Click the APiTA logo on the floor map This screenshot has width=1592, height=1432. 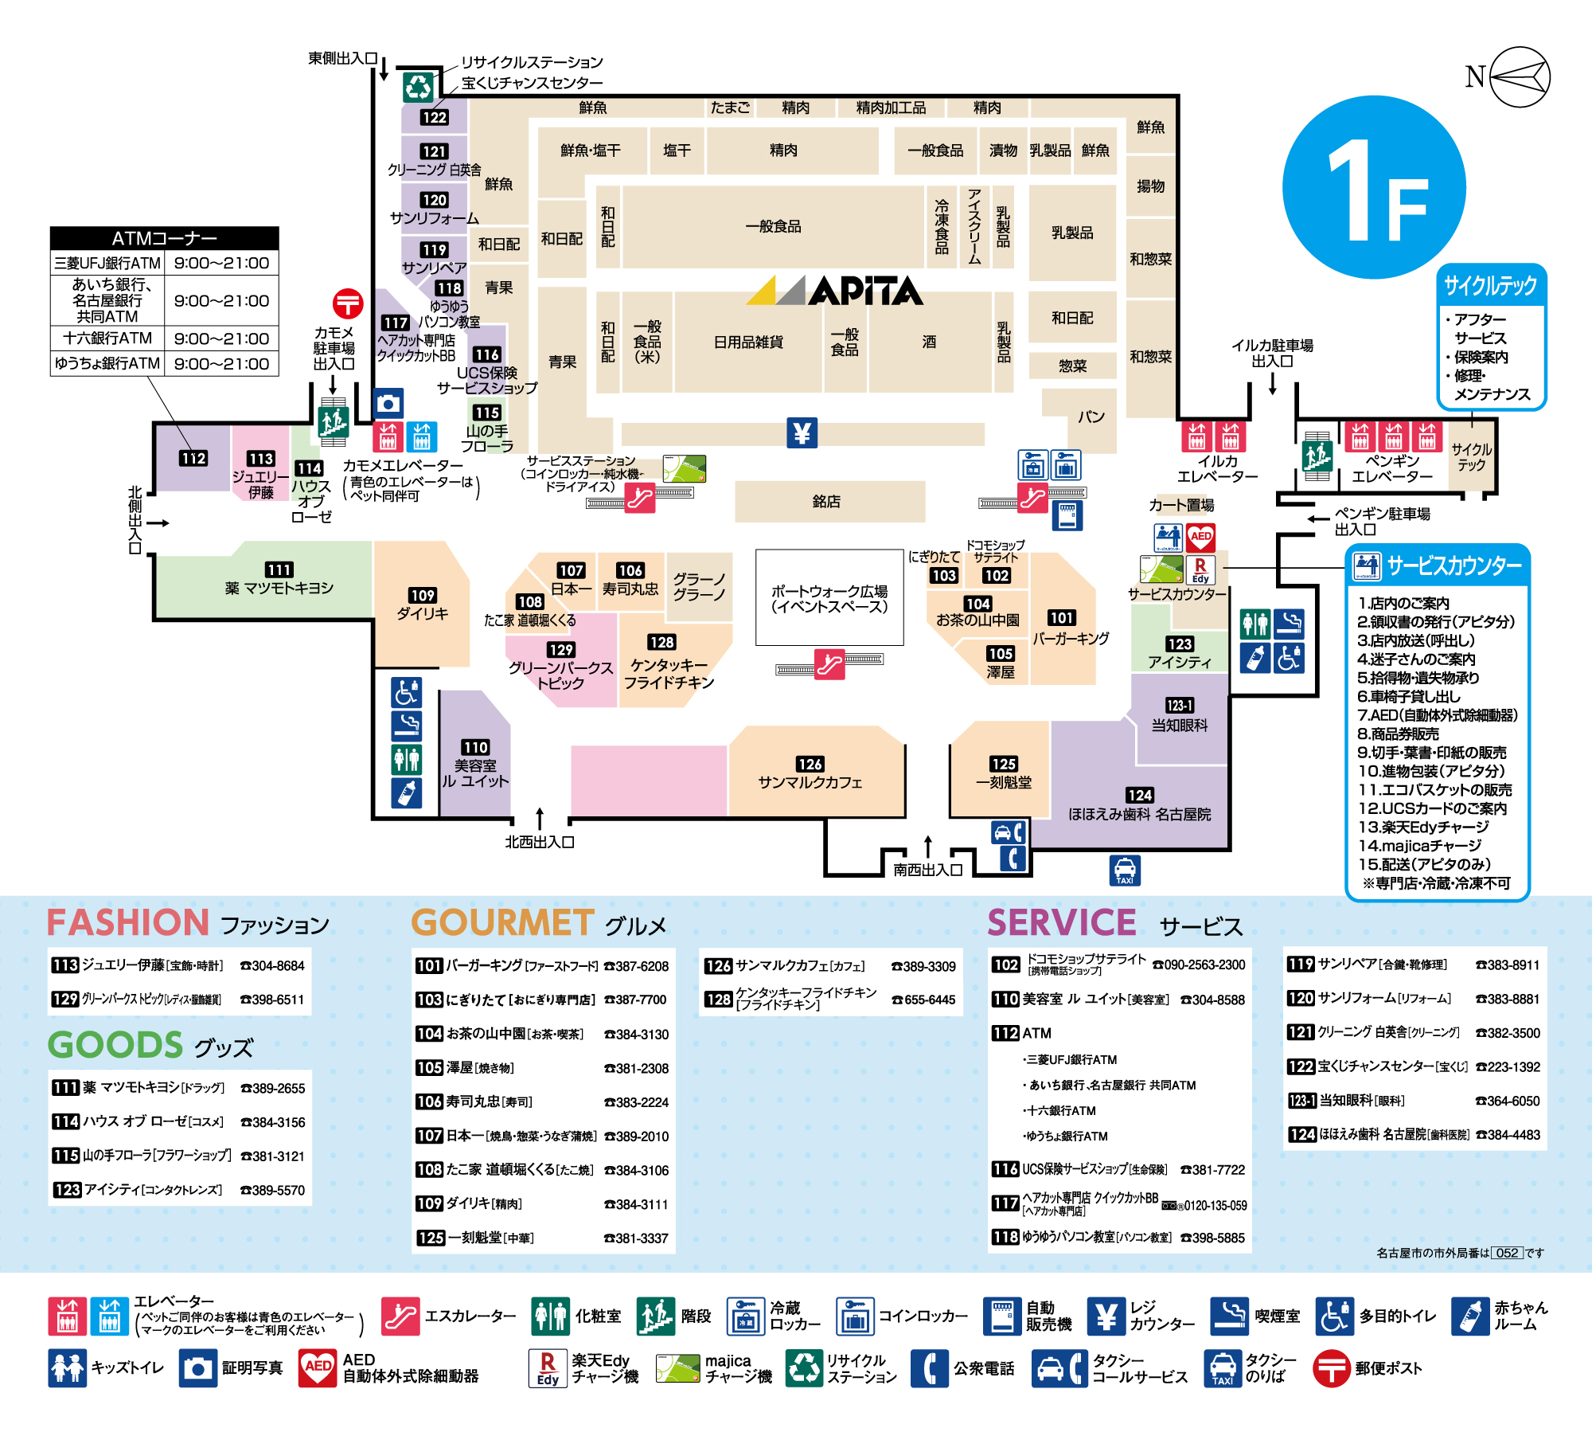(x=834, y=291)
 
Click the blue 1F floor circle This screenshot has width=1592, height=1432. (x=1375, y=188)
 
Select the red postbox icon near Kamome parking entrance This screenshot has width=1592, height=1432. (x=348, y=303)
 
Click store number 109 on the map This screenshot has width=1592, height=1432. (x=422, y=595)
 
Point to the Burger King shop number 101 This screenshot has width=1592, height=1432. (x=1062, y=617)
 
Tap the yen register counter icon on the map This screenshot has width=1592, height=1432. (x=802, y=433)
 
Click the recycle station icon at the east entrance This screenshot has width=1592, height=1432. (x=418, y=86)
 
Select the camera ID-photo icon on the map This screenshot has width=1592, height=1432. (x=388, y=404)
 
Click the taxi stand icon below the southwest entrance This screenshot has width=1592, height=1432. (x=1125, y=871)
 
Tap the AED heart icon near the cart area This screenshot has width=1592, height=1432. (x=1201, y=538)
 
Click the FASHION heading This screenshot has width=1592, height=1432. (x=128, y=922)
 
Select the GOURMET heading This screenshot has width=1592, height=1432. (x=502, y=922)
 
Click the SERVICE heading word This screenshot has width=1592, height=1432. (x=1062, y=922)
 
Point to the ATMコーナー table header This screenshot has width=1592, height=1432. (x=164, y=238)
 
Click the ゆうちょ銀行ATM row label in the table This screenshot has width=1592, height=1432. (x=107, y=363)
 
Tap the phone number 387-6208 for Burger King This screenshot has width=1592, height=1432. (x=637, y=966)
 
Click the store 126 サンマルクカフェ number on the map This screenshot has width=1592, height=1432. (x=810, y=764)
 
